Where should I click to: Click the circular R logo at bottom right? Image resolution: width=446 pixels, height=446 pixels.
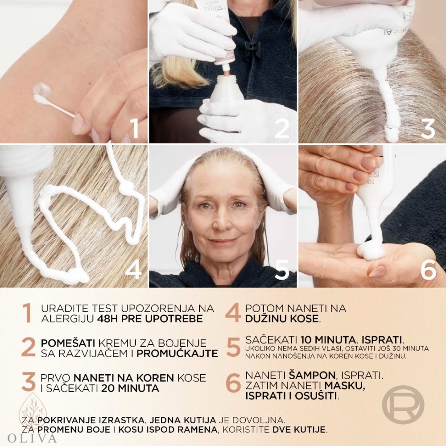[403, 404]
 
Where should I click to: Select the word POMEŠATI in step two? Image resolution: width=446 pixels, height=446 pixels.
[60, 343]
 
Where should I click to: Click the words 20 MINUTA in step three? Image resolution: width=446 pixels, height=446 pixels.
[130, 388]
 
